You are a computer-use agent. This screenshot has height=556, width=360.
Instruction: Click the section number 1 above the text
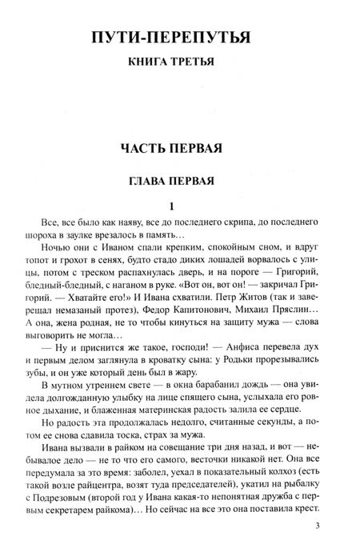[180, 205]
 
